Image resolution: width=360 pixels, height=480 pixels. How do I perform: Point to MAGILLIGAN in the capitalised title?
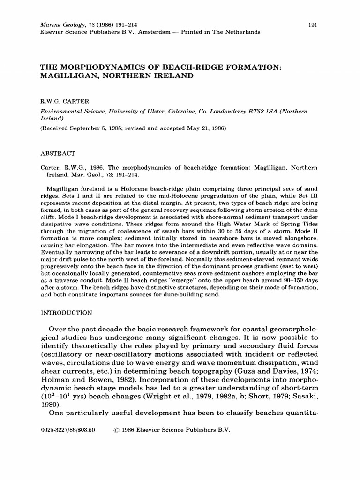pos(67,76)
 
